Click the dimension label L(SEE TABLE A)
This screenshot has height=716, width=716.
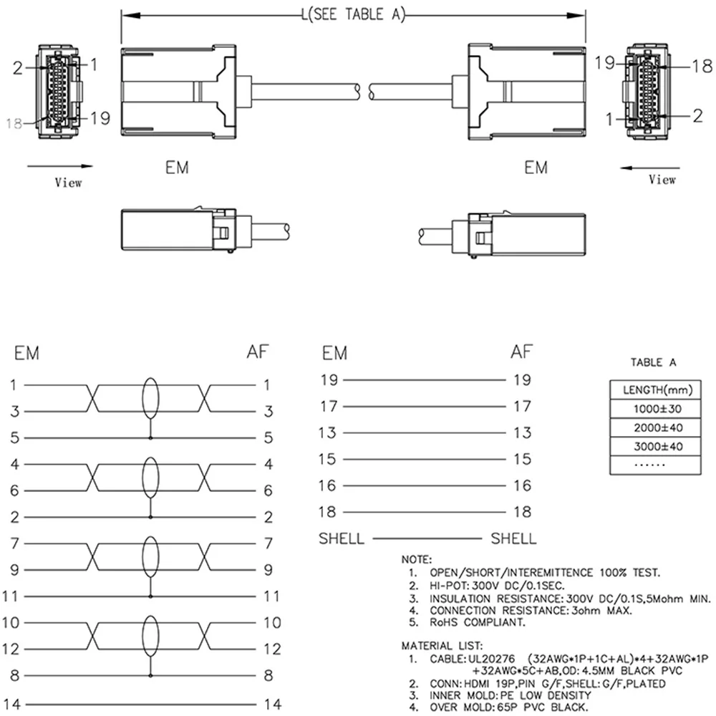pos(354,14)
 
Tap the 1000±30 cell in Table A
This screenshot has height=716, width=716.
pos(657,409)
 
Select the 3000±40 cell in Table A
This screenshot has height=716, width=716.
pos(658,447)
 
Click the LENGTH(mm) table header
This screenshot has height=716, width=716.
pos(657,390)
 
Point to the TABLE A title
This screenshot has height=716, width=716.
pos(654,362)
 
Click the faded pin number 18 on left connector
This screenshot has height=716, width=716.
pos(14,123)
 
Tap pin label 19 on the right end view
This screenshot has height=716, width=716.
pos(604,63)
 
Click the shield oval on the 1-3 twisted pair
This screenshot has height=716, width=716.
pos(150,398)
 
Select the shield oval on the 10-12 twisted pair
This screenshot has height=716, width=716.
pos(150,636)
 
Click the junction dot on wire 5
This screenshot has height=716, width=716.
pos(150,438)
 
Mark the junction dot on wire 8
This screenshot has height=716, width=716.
pos(150,675)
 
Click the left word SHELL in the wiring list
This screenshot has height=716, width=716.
pos(342,539)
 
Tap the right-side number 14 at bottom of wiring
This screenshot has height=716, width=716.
pos(273,704)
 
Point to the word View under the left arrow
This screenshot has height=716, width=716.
pos(69,183)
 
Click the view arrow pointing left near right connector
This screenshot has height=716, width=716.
pos(650,168)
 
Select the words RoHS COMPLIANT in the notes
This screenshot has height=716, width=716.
pos(478,622)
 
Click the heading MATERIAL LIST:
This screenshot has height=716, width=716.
pos(442,646)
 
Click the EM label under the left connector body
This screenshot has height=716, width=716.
pos(177,168)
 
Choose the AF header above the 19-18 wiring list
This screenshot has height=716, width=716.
pos(521,352)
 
